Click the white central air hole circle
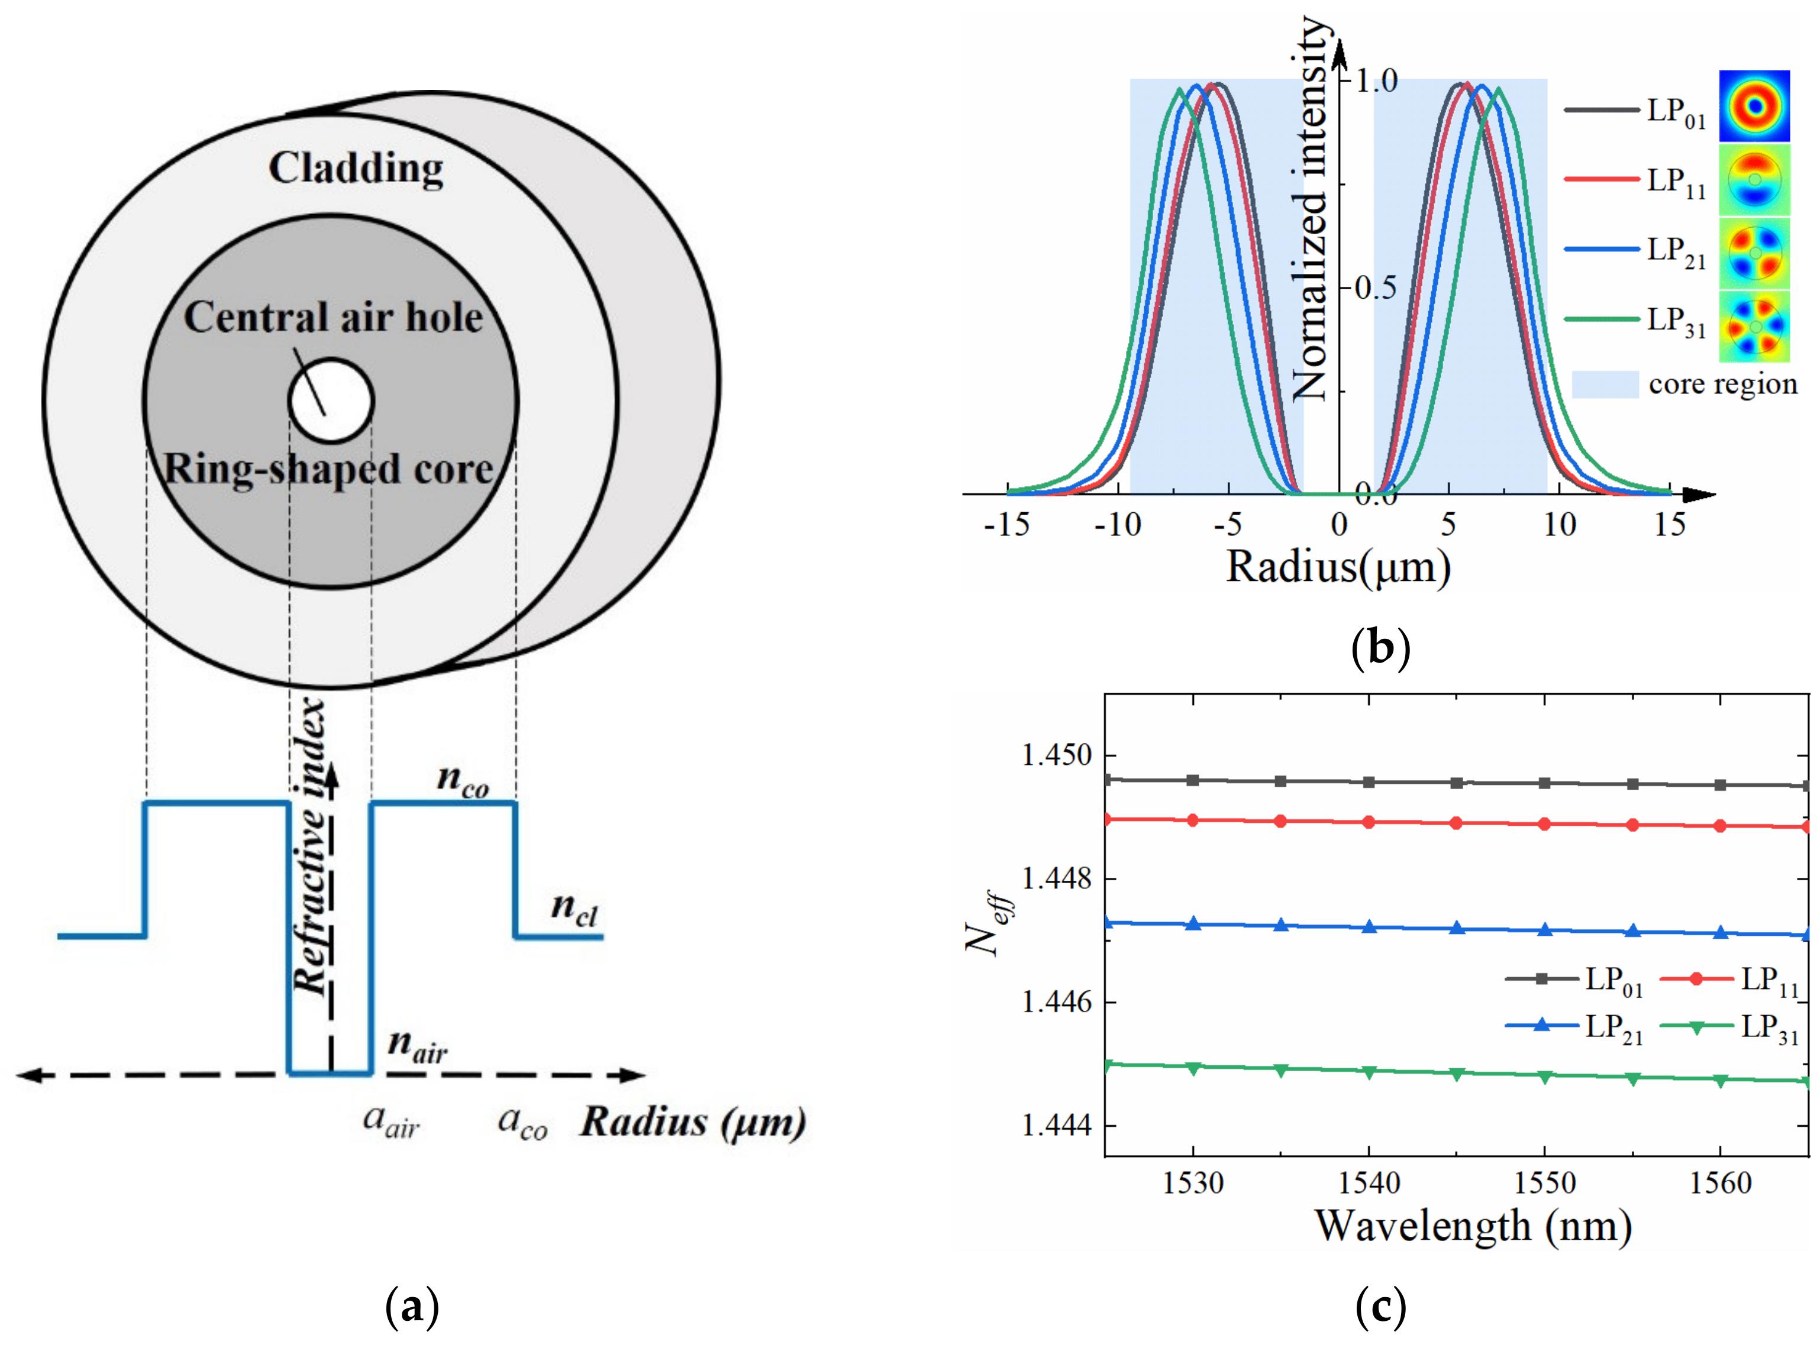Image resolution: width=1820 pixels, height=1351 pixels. click(x=331, y=400)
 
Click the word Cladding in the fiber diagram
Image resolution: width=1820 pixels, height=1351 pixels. click(x=356, y=169)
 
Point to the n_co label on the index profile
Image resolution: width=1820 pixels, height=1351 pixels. click(x=463, y=780)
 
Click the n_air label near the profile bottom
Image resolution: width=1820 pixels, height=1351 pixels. click(x=418, y=1046)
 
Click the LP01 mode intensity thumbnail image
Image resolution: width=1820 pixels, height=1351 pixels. click(x=1754, y=106)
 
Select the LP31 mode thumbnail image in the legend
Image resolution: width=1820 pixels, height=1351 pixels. click(x=1754, y=327)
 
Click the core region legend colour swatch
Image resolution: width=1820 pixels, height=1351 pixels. click(x=1605, y=384)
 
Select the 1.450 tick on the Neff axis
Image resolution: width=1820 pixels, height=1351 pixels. click(x=1057, y=755)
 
